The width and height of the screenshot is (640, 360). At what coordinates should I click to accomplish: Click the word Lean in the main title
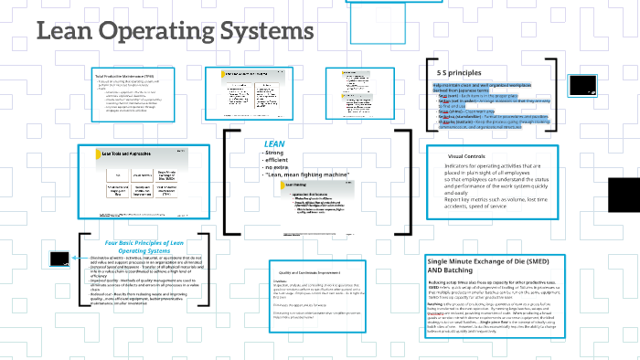[x=66, y=33]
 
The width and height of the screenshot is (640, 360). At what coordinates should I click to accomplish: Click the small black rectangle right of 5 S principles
[x=582, y=85]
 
